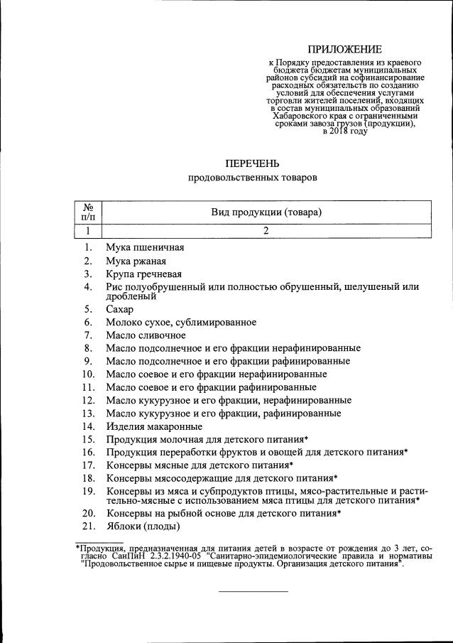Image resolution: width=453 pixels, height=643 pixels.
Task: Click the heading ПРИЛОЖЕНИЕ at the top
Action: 344,49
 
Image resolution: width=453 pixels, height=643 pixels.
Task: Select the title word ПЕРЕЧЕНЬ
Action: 253,163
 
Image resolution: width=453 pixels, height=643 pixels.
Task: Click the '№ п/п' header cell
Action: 89,212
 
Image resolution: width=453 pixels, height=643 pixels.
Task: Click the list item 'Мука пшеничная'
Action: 145,247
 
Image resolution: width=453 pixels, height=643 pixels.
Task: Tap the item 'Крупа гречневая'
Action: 144,274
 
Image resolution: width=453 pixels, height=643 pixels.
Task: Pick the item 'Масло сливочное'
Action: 146,335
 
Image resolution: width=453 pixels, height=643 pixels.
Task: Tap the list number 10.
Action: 88,374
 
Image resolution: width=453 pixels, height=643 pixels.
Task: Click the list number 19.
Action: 88,491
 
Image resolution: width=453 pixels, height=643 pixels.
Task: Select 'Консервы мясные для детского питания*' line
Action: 200,465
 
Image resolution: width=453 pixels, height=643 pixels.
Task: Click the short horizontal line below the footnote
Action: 253,591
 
